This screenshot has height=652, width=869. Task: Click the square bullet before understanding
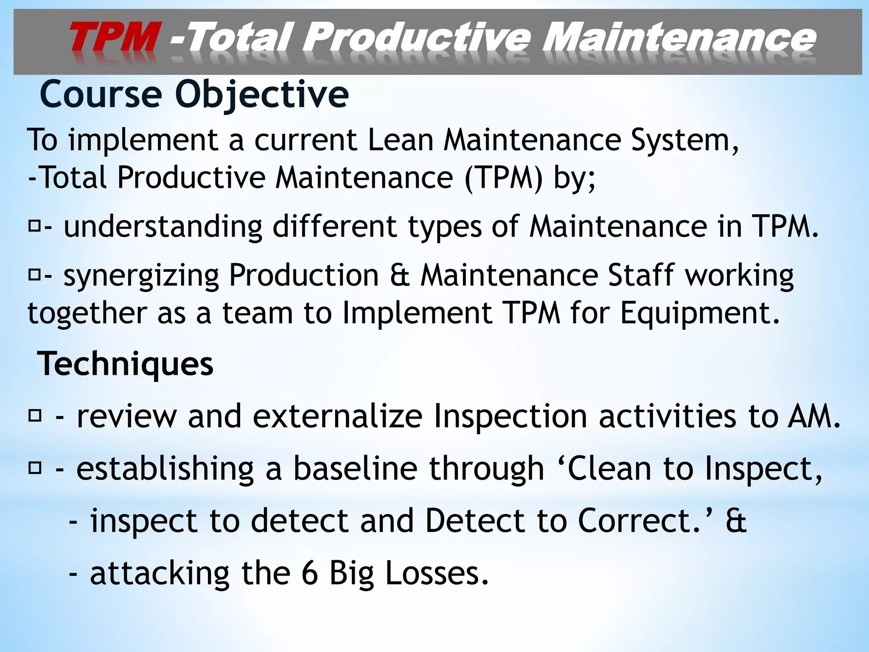(x=34, y=226)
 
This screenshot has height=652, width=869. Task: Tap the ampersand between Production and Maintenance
(x=400, y=275)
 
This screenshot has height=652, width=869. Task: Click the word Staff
(x=641, y=275)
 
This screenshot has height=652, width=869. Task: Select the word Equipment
(x=700, y=313)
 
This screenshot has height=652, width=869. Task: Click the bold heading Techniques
(x=126, y=364)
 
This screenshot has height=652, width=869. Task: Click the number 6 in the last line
(x=310, y=573)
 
